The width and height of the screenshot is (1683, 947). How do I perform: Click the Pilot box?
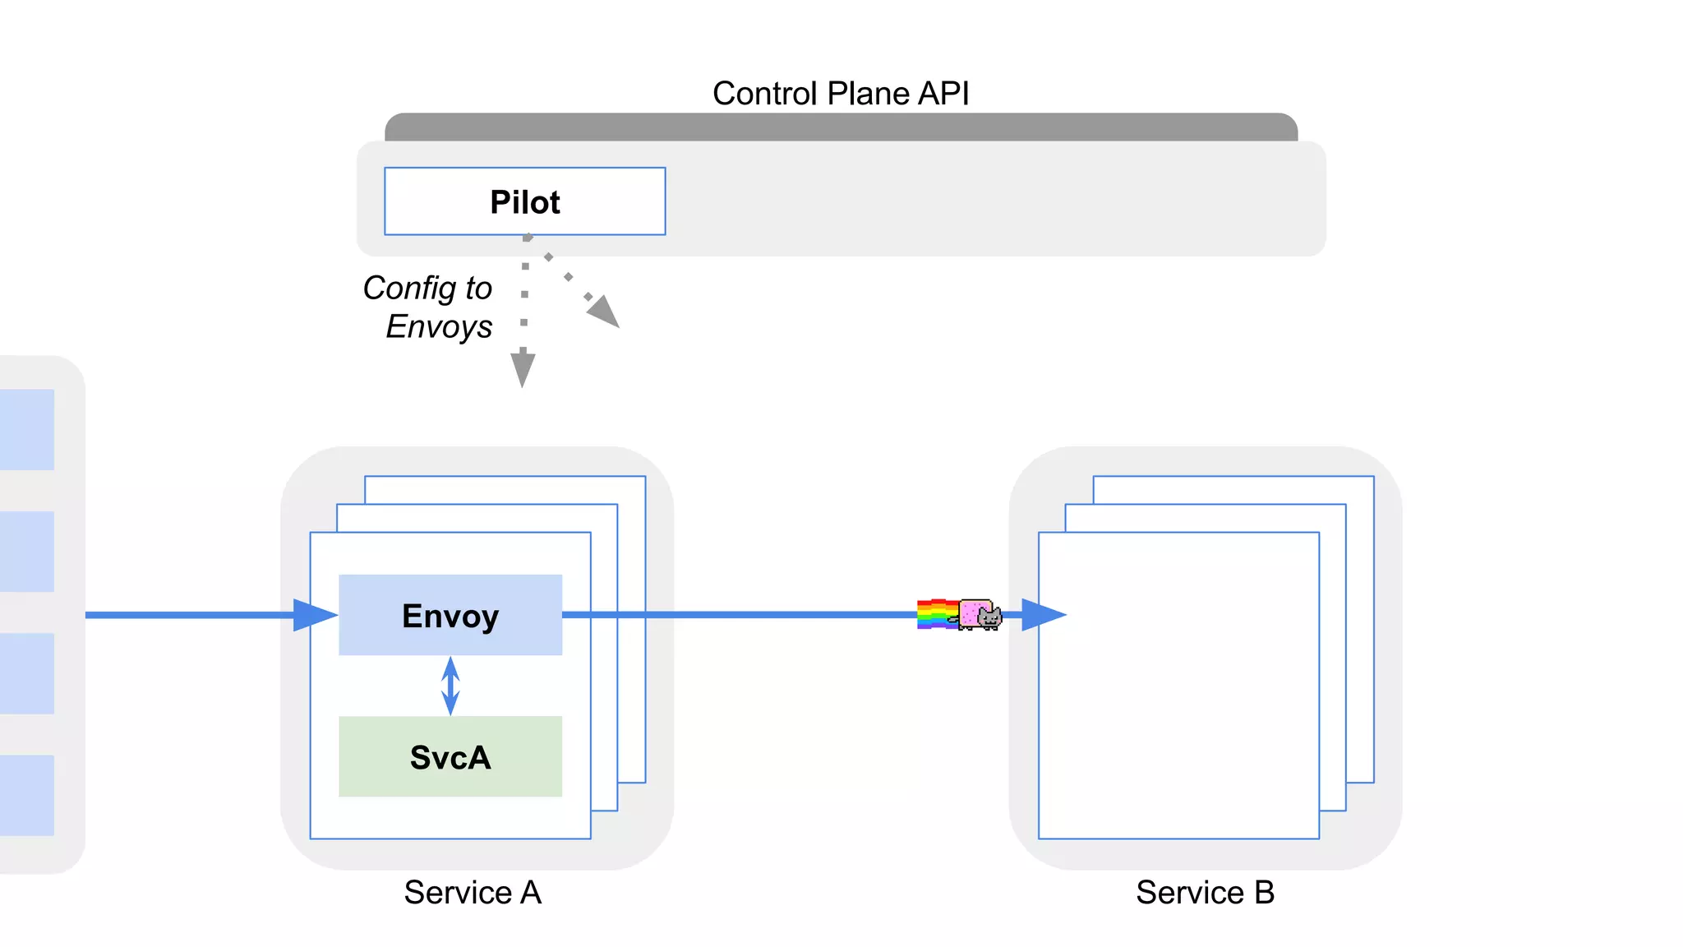[524, 201]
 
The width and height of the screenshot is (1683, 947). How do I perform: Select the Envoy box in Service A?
[450, 615]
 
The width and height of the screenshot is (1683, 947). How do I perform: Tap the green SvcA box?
[450, 756]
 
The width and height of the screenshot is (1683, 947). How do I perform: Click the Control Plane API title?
[840, 93]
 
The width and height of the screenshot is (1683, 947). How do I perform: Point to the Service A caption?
[473, 892]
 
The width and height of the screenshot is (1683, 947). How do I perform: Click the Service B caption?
[1205, 892]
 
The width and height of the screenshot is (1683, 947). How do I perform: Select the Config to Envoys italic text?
[429, 307]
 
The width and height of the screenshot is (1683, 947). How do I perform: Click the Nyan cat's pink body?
[974, 612]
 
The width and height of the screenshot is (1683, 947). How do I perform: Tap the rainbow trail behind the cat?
[936, 614]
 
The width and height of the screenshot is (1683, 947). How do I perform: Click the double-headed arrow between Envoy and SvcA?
[450, 686]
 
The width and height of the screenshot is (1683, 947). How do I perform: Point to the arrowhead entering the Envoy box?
[314, 615]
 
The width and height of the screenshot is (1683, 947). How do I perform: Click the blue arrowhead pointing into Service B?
[1042, 614]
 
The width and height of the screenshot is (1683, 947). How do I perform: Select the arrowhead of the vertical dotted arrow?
[523, 369]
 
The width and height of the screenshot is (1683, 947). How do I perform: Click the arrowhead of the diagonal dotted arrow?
[605, 312]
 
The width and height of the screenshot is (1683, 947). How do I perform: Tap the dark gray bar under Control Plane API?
[840, 127]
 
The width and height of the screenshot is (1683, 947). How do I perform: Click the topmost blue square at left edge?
[27, 429]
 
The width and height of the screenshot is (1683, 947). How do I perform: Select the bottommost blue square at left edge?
[27, 795]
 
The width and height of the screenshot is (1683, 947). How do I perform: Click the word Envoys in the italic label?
[439, 326]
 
